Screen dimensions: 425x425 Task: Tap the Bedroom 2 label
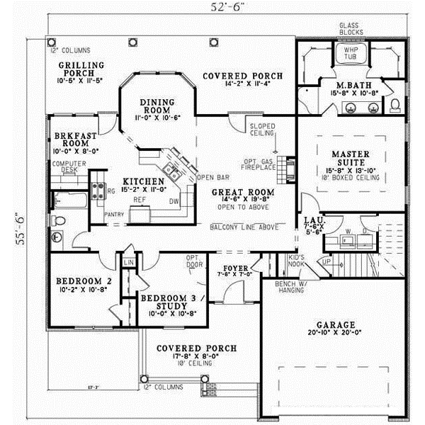coord(83,284)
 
